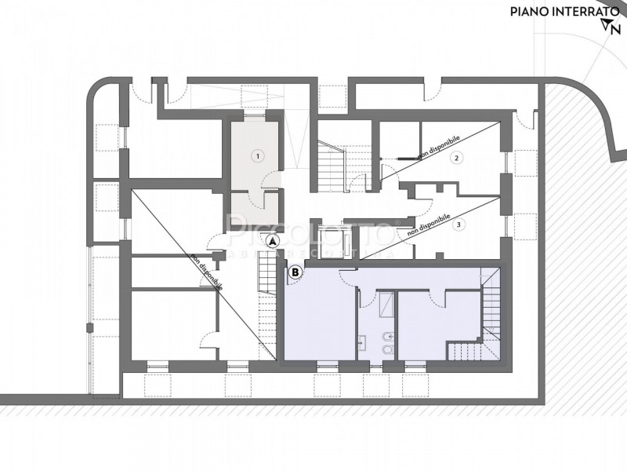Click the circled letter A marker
click(x=272, y=242)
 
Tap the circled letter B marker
click(x=295, y=273)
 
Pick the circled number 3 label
click(x=459, y=225)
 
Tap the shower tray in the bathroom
click(x=386, y=304)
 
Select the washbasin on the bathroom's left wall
click(x=363, y=341)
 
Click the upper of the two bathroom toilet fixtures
click(x=386, y=337)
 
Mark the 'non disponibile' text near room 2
click(x=439, y=146)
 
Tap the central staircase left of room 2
click(x=332, y=164)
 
